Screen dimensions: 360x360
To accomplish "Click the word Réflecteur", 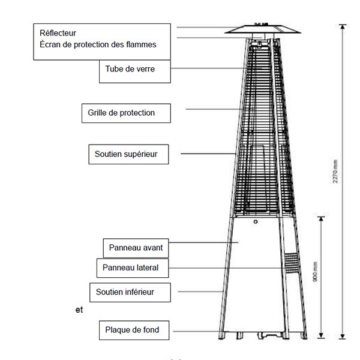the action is pos(58,33).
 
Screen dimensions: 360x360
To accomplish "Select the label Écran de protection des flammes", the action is pos(98,44).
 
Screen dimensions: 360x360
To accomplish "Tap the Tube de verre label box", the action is pos(135,71).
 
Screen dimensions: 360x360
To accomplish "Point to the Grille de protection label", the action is pos(126,113).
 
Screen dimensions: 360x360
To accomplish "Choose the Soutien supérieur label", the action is pos(128,154).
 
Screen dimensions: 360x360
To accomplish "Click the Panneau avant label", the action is pos(136,248).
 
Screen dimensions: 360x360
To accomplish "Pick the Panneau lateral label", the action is pos(133,268).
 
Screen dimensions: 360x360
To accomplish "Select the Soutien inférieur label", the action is pos(130,292).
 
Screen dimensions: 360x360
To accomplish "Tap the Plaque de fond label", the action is pos(134,330).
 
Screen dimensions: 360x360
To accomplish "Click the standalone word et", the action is pos(79,310).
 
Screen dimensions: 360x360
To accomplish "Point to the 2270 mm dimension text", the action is pos(335,172).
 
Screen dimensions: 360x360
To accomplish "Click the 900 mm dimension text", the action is pos(315,272).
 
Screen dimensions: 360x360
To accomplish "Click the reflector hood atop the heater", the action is pos(263,29).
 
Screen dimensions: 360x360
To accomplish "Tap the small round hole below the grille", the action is pos(256,222).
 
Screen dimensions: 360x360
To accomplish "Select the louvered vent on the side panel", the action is pos(292,263).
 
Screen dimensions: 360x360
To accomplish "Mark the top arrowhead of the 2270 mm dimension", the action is pos(343,27).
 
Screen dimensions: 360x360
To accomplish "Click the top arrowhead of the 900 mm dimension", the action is pos(321,219).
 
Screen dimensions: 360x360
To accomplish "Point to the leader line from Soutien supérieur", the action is pos(208,154).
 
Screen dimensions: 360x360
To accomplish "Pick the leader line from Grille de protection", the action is pos(214,109).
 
